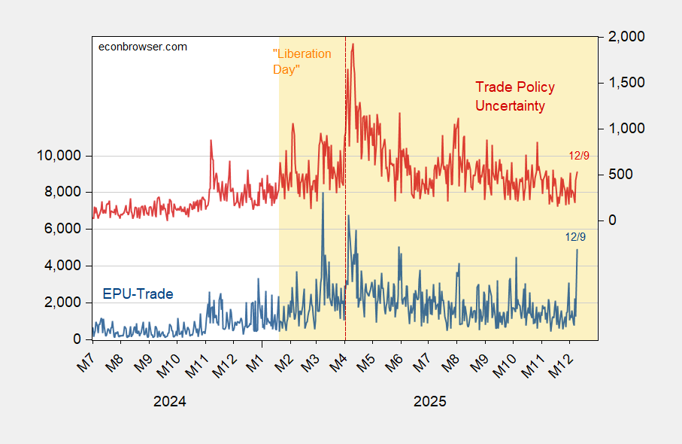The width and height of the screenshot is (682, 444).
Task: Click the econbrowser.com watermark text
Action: (144, 47)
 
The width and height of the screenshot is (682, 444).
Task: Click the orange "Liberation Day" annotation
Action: (301, 61)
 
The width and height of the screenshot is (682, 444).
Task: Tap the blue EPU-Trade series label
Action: (138, 293)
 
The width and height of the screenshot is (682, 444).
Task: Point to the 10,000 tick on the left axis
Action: (59, 156)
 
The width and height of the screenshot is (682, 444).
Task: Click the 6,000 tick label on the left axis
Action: (62, 229)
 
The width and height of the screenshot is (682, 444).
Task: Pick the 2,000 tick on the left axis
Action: (62, 302)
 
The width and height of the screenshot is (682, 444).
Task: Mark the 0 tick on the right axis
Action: (613, 220)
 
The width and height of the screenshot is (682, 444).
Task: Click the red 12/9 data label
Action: (579, 155)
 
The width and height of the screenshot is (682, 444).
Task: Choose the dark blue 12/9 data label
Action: (575, 236)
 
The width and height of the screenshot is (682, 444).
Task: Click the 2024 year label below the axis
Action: (169, 402)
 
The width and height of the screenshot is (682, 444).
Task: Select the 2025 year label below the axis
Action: (429, 402)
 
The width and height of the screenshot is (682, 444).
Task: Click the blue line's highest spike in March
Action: (323, 193)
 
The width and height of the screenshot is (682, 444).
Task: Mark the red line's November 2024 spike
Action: (211, 141)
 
